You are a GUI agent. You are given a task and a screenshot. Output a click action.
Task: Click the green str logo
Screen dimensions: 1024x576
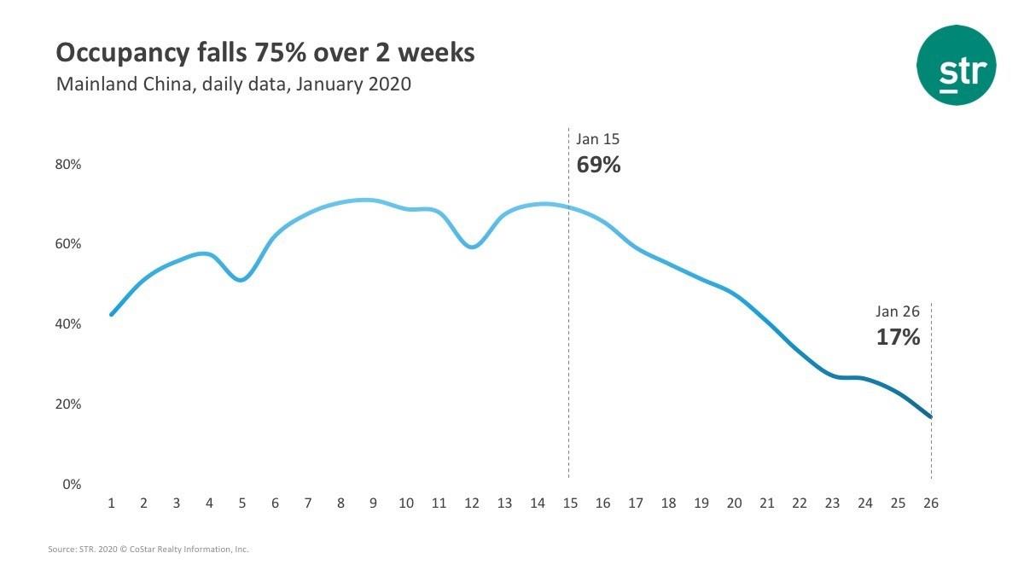click(x=957, y=65)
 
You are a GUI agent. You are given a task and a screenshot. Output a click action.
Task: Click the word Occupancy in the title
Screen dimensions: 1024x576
click(x=123, y=54)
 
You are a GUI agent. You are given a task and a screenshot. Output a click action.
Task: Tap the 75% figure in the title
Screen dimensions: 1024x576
click(x=281, y=52)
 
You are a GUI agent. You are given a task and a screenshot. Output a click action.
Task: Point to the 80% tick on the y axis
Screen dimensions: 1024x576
click(x=68, y=165)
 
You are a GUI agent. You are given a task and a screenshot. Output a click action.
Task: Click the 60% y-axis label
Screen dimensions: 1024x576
click(x=68, y=244)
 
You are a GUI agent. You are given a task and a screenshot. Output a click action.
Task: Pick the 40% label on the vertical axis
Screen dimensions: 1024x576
click(x=68, y=324)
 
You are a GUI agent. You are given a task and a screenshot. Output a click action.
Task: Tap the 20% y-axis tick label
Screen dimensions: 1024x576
click(x=68, y=404)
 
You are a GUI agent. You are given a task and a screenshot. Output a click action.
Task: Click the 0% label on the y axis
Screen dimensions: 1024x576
click(x=72, y=484)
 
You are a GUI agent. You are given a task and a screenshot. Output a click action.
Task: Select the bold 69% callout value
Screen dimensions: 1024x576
click(x=598, y=165)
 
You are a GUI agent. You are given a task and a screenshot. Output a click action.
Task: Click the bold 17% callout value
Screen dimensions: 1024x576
click(x=898, y=337)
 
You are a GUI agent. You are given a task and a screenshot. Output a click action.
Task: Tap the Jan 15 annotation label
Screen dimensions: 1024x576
click(x=597, y=139)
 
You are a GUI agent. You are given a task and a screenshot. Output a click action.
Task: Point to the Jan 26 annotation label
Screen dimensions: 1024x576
click(x=898, y=311)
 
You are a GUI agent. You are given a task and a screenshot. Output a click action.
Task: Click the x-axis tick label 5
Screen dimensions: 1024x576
click(x=241, y=503)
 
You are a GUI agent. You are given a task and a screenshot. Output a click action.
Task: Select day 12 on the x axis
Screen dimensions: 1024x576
click(x=472, y=503)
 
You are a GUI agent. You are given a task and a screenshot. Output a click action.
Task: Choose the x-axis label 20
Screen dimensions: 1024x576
click(x=734, y=503)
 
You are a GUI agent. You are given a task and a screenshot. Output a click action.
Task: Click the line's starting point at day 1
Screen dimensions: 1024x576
click(x=111, y=315)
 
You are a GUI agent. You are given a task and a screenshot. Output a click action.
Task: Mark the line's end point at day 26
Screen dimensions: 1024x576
click(x=931, y=417)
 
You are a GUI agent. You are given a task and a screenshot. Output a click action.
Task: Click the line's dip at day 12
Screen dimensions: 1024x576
click(x=472, y=247)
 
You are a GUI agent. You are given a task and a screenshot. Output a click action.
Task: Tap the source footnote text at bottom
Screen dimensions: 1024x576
click(x=148, y=549)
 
